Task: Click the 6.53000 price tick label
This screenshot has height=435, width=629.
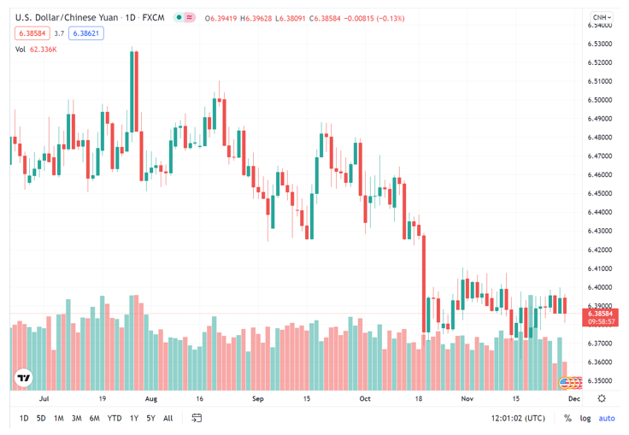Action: [x=601, y=44]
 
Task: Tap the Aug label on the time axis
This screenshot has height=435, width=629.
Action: [x=151, y=399]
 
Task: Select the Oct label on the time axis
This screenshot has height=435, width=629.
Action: [x=365, y=399]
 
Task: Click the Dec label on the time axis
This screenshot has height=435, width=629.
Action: [x=574, y=399]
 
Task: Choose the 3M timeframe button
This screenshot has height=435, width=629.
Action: [x=76, y=419]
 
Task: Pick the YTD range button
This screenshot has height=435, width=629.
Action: [x=114, y=419]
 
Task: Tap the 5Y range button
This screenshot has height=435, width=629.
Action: [x=150, y=419]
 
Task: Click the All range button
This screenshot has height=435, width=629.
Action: [x=168, y=419]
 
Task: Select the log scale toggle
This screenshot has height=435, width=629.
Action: [x=585, y=419]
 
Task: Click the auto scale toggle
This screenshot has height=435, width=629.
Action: [x=607, y=419]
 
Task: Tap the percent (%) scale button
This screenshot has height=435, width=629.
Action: [x=567, y=419]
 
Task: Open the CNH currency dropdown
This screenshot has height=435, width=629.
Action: [x=602, y=17]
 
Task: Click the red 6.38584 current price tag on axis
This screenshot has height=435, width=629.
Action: [x=602, y=314]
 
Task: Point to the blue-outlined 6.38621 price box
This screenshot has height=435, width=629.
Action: [x=86, y=33]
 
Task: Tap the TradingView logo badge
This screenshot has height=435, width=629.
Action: [x=24, y=377]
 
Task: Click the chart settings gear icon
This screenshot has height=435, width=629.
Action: [x=602, y=399]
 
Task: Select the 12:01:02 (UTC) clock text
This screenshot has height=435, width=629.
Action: [x=519, y=419]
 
